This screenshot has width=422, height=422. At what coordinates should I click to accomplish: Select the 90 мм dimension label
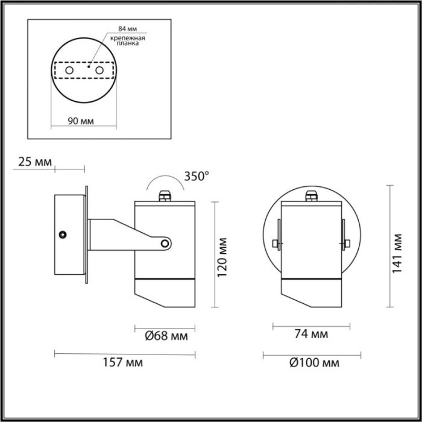(81, 121)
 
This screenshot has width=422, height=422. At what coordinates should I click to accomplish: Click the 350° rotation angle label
(196, 177)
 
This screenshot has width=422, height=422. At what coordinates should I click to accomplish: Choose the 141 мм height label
(397, 254)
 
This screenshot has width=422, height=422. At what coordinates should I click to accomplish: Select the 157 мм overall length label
(124, 363)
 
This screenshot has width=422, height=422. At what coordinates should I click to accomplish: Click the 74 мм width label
(311, 335)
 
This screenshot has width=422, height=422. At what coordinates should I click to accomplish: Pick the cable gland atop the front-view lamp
(311, 195)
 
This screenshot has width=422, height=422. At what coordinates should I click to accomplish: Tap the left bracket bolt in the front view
(276, 244)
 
